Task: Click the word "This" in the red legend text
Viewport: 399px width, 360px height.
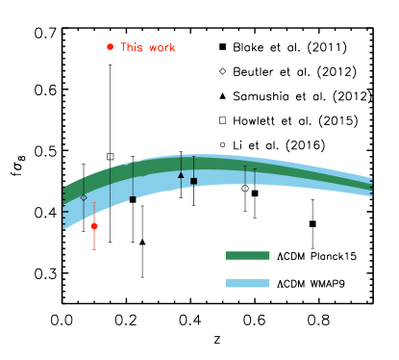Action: coord(131,47)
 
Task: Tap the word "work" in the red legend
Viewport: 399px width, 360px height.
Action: coord(161,47)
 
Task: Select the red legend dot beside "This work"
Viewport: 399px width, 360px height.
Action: coord(110,46)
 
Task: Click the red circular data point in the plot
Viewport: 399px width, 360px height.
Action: coord(94,226)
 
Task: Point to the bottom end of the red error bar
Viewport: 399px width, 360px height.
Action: coord(94,249)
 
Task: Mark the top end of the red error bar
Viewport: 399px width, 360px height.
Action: coord(94,203)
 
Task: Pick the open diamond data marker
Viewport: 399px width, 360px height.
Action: coord(84,197)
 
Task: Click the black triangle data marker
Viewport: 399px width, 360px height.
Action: coord(181,174)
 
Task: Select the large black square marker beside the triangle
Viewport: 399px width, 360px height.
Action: coord(193,180)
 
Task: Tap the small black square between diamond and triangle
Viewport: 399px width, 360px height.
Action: coord(133,198)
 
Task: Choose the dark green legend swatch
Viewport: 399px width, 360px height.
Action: coord(247,255)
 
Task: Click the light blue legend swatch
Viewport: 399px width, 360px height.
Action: coord(247,283)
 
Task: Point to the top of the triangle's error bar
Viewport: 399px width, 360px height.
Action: coord(181,154)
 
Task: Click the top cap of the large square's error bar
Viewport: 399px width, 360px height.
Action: coord(193,157)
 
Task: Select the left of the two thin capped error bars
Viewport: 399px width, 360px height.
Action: coord(244,167)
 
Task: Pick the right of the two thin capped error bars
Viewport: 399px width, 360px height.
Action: coord(254,169)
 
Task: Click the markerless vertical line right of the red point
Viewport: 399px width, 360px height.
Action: coord(110,188)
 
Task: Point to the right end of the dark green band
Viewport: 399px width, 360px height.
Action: coord(370,183)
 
